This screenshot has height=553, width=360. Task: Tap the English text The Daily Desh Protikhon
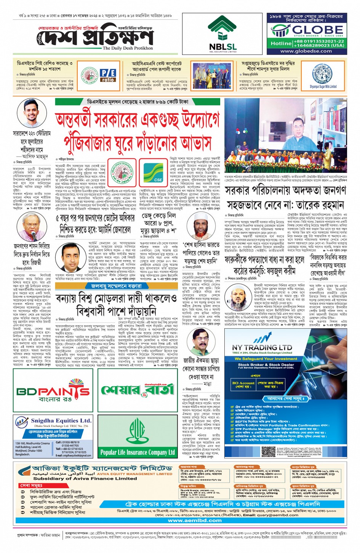pos(128,48)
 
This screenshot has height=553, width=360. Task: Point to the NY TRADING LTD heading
pos(262,347)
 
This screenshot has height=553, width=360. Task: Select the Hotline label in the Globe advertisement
pos(281,43)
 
